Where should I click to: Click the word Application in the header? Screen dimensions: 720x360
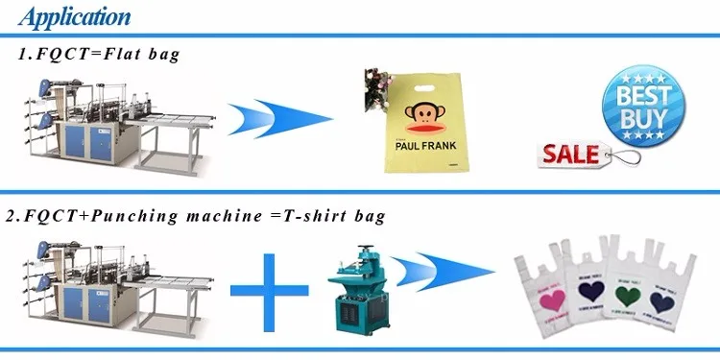coord(75,16)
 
